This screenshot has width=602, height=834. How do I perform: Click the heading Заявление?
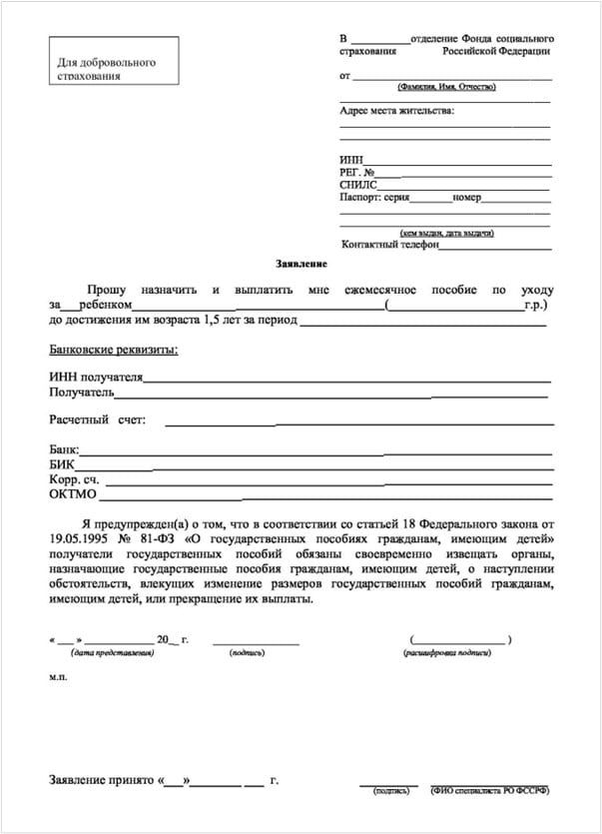(x=301, y=264)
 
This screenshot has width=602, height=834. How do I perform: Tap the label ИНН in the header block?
(x=351, y=160)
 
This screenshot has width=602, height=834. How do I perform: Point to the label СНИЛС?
(x=359, y=185)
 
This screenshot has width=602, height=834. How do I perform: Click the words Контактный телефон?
(x=389, y=244)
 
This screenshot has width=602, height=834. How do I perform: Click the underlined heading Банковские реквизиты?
(x=114, y=350)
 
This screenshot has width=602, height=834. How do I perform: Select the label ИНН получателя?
(x=96, y=378)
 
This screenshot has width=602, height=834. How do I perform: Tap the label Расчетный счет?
(x=97, y=419)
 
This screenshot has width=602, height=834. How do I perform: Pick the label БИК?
(x=61, y=464)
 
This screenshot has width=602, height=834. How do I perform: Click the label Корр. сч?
(x=69, y=479)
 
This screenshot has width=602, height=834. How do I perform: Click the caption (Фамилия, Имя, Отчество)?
(x=445, y=88)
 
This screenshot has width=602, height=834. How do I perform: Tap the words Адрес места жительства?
(x=396, y=110)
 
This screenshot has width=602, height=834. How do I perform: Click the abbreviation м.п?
(x=58, y=676)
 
